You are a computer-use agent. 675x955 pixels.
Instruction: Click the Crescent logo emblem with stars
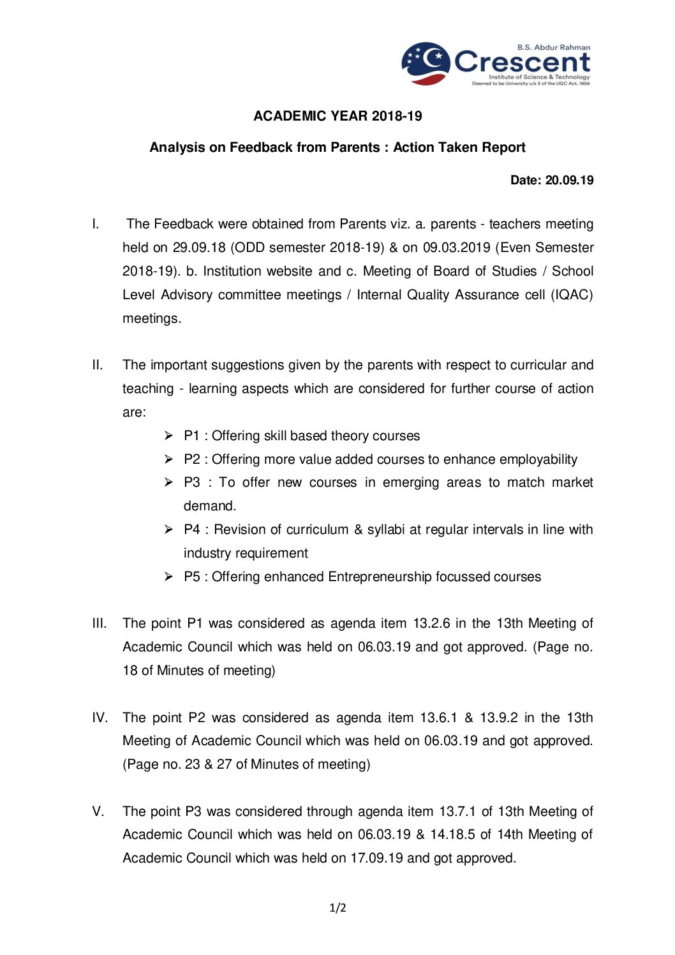coord(426,63)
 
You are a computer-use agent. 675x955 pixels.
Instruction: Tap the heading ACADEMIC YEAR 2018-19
coord(337,116)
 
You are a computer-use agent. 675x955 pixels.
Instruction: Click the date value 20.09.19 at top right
coord(569,181)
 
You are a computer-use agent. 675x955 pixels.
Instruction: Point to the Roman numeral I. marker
coord(96,224)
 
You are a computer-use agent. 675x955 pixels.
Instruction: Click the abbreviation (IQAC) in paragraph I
coord(572,295)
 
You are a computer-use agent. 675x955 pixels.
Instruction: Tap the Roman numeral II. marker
coord(98,365)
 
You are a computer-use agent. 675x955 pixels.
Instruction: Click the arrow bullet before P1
coord(168,436)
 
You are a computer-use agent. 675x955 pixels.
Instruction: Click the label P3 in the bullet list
coord(192,482)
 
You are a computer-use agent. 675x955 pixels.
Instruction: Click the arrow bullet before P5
coord(168,577)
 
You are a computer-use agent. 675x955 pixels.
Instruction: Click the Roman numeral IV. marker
coord(100,718)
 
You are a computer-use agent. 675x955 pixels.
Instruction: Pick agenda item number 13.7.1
coord(457,811)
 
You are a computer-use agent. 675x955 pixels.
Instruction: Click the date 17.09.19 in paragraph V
coord(376,858)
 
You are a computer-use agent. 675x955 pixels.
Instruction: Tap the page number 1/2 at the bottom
coord(337,908)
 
